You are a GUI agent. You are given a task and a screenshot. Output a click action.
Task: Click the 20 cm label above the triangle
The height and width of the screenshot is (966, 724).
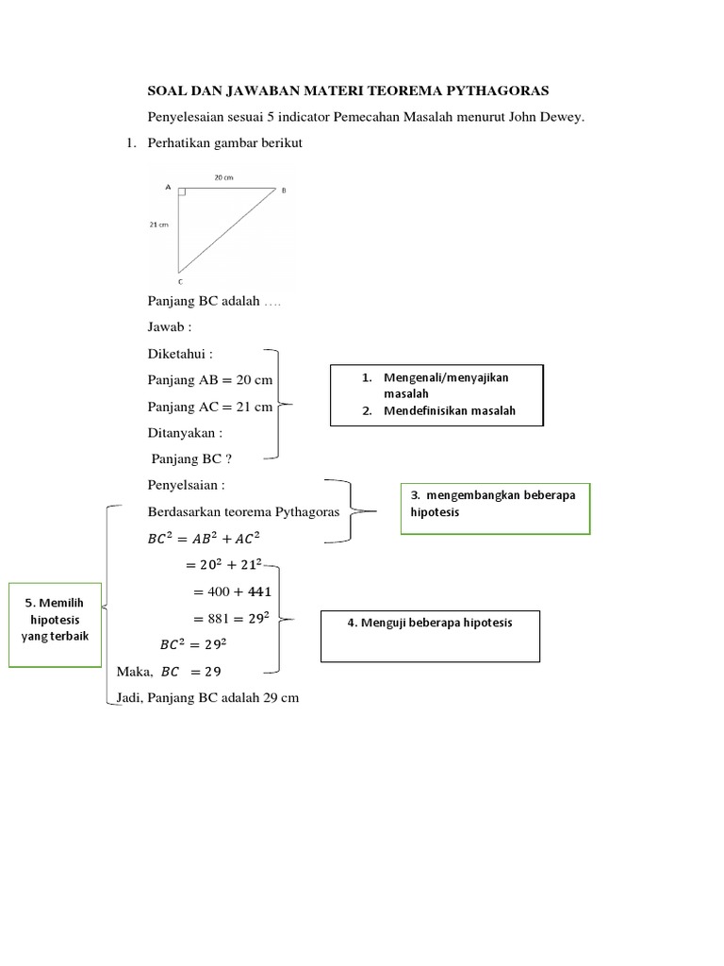pos(223,177)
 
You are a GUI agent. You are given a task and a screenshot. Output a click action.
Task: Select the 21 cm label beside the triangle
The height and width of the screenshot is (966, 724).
pos(157,225)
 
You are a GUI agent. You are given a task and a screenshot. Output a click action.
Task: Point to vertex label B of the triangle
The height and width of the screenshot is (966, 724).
pos(284,191)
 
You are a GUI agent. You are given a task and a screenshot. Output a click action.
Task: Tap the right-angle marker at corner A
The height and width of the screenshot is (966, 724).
pos(182,192)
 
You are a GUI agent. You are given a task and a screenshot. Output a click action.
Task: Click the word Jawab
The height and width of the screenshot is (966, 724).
pos(167,328)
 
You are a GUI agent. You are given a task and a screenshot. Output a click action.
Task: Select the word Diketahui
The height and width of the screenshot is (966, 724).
pos(178,355)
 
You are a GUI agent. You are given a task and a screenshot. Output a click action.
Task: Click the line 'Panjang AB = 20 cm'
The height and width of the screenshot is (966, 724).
pos(209,380)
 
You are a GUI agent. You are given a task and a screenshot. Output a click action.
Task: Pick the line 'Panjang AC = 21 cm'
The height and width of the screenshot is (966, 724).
pos(209,407)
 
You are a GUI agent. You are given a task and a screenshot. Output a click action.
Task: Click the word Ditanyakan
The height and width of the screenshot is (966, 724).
pos(183,433)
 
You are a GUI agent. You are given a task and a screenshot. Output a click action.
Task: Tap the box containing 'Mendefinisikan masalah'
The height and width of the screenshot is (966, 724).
pos(436,394)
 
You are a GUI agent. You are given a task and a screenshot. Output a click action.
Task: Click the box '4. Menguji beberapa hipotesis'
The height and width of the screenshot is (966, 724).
pos(431,633)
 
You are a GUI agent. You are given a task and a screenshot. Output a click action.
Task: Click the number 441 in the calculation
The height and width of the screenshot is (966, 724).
pos(257,591)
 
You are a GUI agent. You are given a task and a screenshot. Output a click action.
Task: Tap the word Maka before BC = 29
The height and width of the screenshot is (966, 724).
pos(133,673)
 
